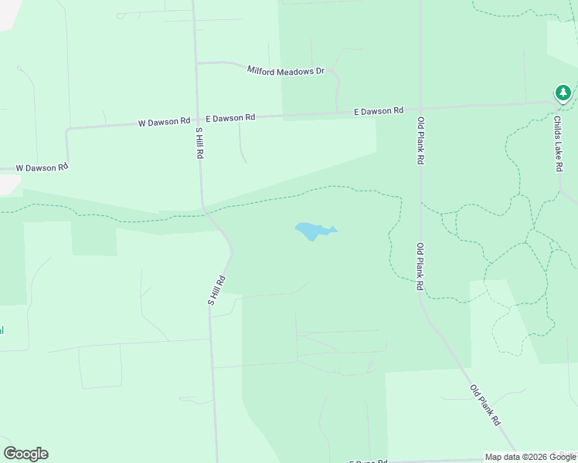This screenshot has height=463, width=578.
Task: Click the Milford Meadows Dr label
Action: (286, 70)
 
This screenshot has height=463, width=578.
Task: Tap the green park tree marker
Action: (563, 93)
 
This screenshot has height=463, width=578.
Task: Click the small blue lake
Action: (312, 230)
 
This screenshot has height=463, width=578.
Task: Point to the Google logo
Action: (25, 454)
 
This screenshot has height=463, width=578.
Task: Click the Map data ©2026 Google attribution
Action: (530, 457)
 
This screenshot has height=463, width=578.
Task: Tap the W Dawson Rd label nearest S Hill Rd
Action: (164, 122)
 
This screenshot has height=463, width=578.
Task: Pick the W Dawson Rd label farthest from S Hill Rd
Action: (42, 167)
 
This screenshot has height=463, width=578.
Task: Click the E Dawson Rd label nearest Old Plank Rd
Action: (379, 112)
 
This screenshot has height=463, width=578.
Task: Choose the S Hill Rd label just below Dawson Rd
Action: (199, 144)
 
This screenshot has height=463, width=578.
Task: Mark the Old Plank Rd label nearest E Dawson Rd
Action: (421, 140)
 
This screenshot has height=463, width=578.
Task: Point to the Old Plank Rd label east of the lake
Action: (420, 266)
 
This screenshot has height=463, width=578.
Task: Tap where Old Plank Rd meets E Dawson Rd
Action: (420, 109)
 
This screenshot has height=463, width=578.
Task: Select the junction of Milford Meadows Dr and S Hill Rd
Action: (196, 63)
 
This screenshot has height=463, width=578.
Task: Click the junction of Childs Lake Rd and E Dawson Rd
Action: (558, 103)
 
